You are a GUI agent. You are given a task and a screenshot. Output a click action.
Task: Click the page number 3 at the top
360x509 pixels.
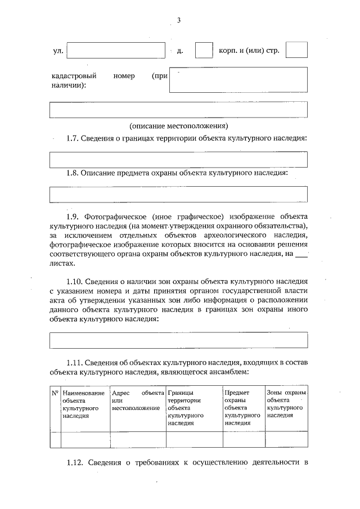point(178,21)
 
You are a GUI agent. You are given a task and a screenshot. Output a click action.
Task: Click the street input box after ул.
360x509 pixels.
point(115,51)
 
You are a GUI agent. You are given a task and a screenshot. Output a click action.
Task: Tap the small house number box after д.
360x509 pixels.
point(204,50)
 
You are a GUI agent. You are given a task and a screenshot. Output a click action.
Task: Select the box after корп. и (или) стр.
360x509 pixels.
point(296,50)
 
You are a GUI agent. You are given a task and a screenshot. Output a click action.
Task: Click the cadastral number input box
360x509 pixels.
point(238,80)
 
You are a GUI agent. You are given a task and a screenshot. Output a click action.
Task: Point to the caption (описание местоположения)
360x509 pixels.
point(179,125)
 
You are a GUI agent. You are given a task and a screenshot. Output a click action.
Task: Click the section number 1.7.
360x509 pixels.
point(74,138)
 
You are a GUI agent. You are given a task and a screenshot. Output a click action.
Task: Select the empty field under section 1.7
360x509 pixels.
point(178,160)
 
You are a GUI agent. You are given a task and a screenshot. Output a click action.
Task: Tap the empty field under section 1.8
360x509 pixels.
point(178,194)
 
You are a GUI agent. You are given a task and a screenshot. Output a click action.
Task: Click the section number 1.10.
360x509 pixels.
point(76,280)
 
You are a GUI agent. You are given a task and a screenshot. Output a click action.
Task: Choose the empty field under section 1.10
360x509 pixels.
point(178,340)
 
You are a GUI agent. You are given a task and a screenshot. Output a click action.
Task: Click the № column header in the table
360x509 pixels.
point(55,393)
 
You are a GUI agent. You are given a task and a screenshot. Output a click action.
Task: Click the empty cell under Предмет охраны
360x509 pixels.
point(244,439)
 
